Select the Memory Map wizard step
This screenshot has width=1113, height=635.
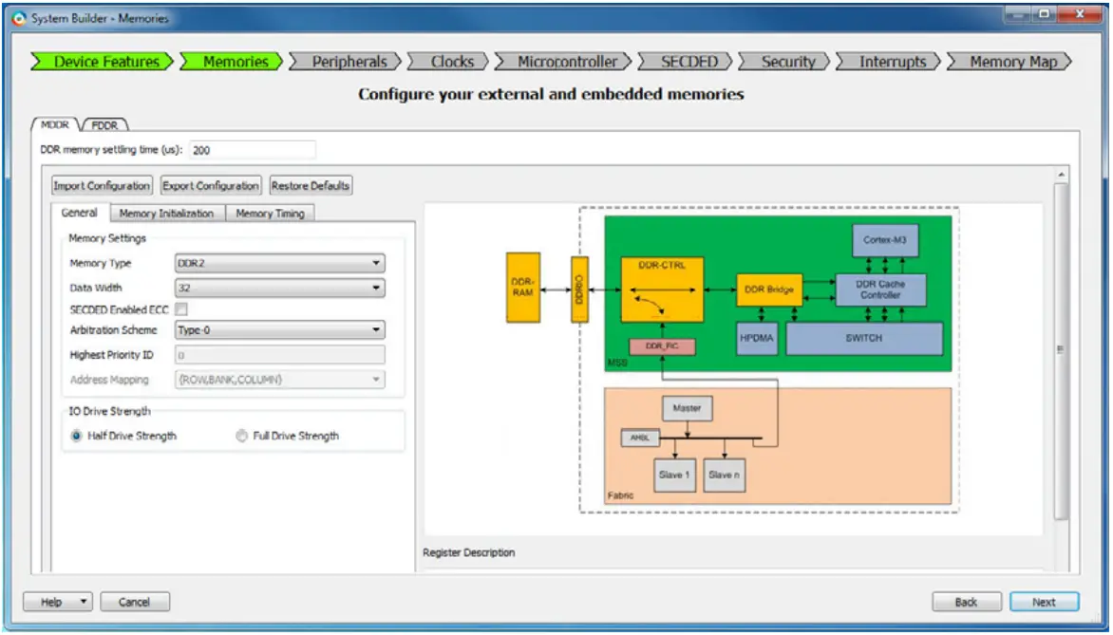click(1013, 62)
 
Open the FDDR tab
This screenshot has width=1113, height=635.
click(104, 124)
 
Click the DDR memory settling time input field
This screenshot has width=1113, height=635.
click(252, 150)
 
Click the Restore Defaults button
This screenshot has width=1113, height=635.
click(311, 186)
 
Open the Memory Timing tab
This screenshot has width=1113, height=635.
click(270, 214)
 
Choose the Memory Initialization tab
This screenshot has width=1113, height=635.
click(166, 214)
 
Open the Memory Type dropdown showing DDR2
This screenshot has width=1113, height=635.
click(280, 263)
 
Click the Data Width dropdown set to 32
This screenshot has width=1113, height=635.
click(280, 288)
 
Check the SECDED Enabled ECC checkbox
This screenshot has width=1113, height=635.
click(181, 309)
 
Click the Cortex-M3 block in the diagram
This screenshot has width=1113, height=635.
click(884, 240)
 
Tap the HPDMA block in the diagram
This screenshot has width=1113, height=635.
click(757, 338)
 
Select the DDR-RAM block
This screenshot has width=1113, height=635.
click(523, 288)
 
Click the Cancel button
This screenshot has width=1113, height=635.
click(134, 602)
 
